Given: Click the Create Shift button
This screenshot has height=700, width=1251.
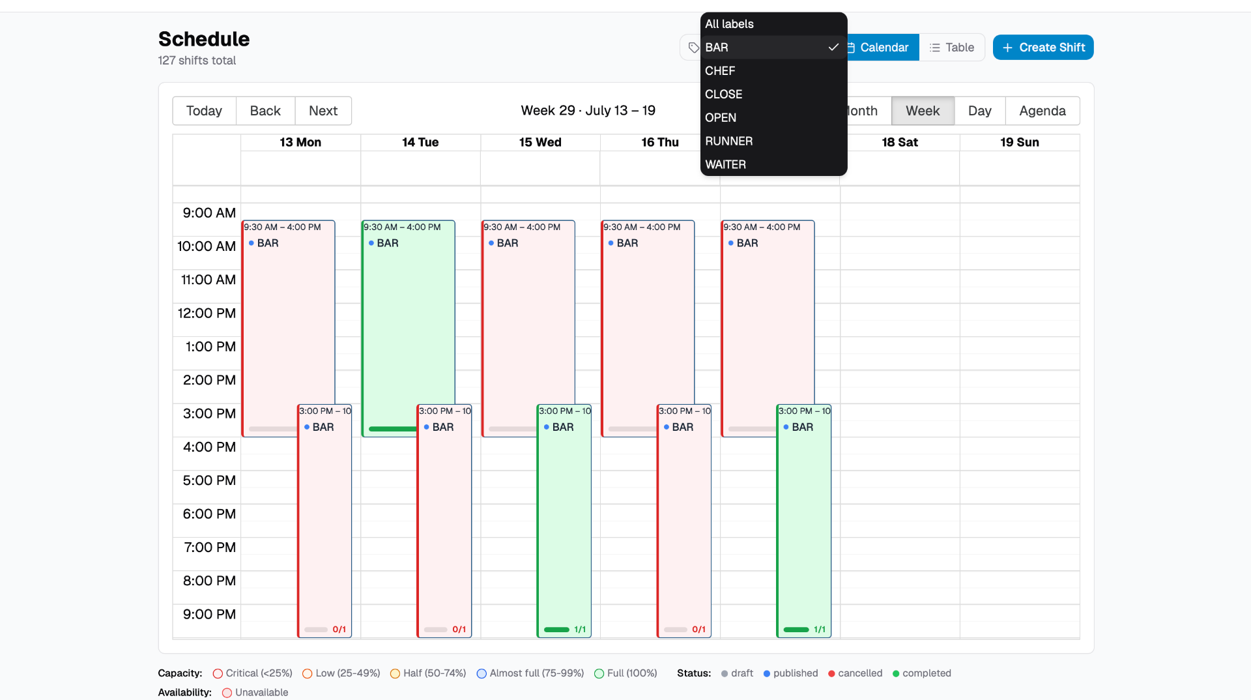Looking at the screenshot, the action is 1043,48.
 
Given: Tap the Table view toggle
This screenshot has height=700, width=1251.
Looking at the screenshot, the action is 952,48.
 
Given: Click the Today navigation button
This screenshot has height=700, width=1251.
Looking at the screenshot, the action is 204,111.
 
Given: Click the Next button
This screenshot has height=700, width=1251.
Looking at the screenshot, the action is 323,111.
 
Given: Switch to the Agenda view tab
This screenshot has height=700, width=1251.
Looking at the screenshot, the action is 1042,111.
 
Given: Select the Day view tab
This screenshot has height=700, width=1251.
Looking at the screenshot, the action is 980,111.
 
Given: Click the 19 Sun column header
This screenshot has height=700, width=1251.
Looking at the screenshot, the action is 1020,142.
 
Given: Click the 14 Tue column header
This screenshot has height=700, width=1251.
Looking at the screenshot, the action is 420,142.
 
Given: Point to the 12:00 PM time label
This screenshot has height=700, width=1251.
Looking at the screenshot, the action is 207,314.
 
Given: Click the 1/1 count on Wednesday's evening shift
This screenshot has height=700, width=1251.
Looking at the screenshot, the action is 580,630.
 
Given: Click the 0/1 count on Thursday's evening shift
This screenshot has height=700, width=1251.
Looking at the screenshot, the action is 698,630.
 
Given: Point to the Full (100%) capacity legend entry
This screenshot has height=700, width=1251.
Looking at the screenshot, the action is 625,673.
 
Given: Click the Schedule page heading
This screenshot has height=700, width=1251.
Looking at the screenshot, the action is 204,39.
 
